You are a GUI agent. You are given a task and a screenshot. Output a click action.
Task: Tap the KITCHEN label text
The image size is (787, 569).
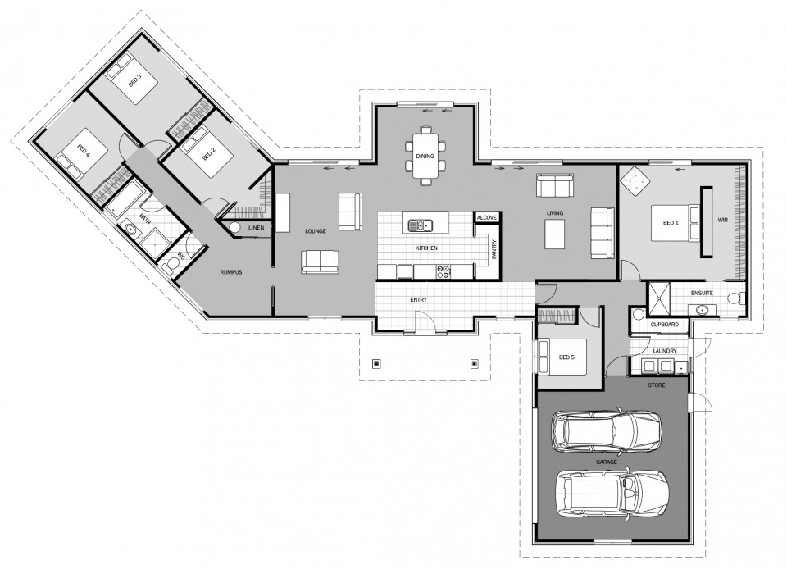coord(425,248)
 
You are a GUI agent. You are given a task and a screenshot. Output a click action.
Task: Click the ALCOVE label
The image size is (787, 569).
coord(487,217)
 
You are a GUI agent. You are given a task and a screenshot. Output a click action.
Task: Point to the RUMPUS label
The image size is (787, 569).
coord(230,272)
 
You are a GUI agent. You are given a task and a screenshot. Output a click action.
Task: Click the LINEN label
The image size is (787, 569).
coord(256,227)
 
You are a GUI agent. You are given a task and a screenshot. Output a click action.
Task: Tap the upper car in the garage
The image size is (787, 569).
coord(607,430)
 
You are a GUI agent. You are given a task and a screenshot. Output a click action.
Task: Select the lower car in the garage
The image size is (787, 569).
coord(611,492)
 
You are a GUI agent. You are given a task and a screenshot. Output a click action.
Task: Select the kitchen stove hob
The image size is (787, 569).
coord(444,269)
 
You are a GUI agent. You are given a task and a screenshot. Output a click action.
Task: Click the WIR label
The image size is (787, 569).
coord(722,220)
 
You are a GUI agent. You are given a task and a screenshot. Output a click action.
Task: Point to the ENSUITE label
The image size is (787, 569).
coord(702,293)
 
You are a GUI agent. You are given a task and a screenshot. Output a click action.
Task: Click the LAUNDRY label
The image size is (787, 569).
coord(665,351)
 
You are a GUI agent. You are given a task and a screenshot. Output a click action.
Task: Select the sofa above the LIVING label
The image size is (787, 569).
coord(555,185)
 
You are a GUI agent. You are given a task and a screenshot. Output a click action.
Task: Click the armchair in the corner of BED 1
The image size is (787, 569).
coord(635,179)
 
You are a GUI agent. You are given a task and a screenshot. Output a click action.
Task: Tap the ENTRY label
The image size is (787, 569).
coord(418,300)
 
